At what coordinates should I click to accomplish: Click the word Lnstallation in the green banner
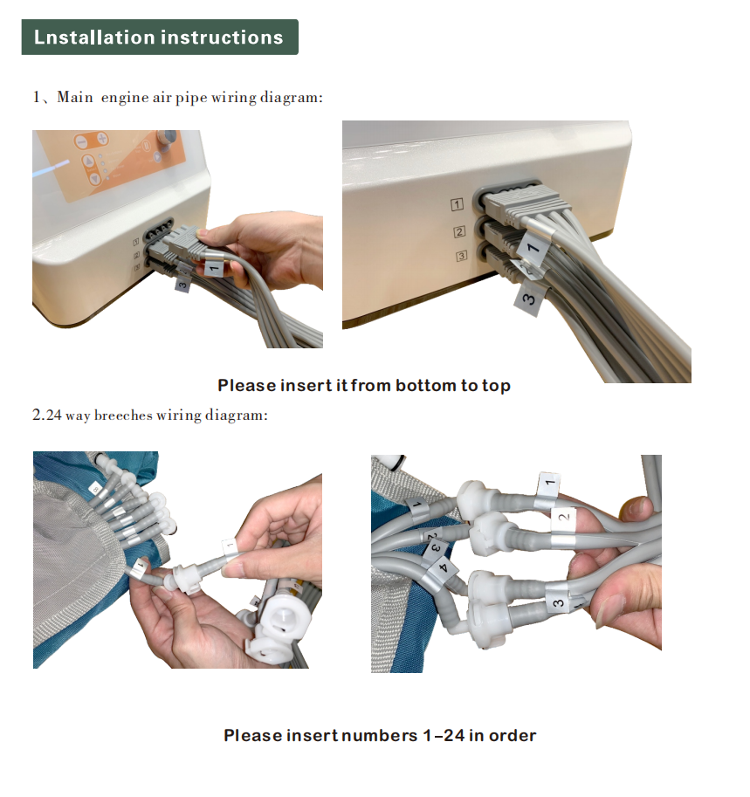click(x=94, y=38)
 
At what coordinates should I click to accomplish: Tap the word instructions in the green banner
click(x=222, y=38)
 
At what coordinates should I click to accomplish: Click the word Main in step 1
click(x=75, y=97)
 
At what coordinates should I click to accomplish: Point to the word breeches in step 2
click(x=123, y=416)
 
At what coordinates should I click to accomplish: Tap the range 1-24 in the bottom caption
click(x=444, y=736)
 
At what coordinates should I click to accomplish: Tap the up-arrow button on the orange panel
click(x=88, y=162)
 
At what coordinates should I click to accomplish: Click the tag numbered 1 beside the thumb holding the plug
click(x=214, y=267)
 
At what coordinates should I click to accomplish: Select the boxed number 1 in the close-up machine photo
click(x=457, y=204)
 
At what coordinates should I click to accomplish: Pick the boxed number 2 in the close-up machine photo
click(x=459, y=232)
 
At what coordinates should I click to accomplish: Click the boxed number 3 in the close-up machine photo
click(x=461, y=256)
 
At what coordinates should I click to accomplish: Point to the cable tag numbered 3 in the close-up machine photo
click(x=529, y=299)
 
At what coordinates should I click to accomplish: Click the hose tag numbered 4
click(x=443, y=566)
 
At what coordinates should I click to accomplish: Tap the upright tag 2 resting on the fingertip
click(x=563, y=519)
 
